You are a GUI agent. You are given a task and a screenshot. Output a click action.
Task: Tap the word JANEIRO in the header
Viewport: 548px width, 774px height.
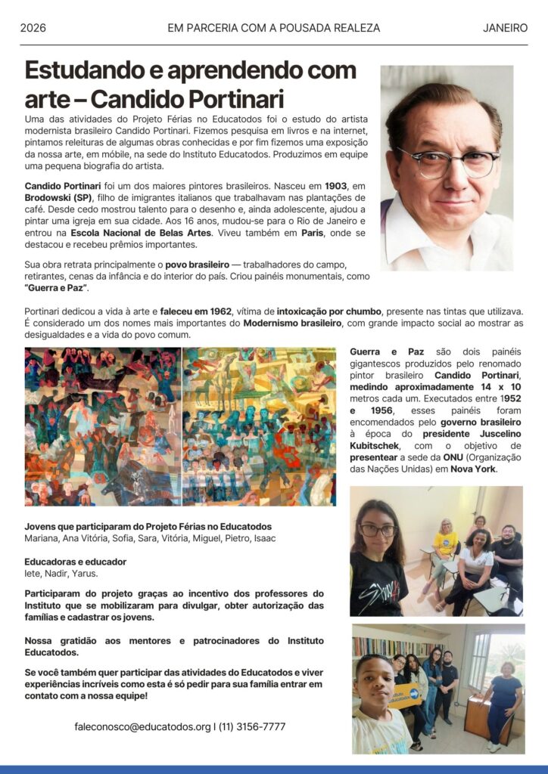[x=505, y=28]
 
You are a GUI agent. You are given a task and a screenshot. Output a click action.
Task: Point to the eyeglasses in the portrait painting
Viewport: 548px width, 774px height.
[x=448, y=161]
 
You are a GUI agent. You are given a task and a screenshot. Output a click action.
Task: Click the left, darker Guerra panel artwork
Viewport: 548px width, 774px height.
[x=103, y=426]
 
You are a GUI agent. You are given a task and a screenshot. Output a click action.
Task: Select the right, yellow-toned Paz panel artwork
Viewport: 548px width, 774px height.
[x=259, y=426]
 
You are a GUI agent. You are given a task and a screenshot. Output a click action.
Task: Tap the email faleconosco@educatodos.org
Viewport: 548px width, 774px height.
[x=142, y=726]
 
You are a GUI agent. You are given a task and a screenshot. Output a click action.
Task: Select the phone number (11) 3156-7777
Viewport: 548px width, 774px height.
[x=252, y=726]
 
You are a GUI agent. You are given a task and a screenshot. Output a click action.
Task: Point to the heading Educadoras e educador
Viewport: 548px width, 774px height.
[x=75, y=562]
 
